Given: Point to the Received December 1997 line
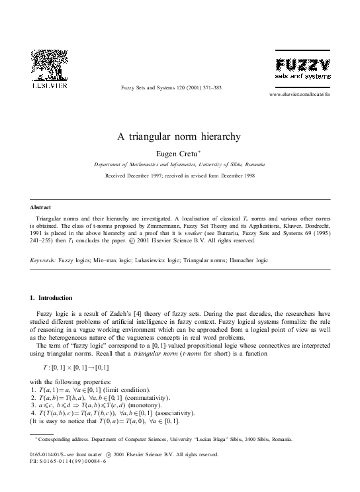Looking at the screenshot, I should (x=179, y=176).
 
